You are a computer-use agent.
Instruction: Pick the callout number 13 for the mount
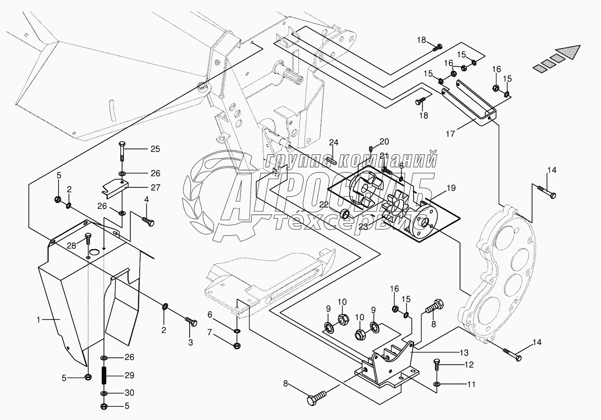(464, 352)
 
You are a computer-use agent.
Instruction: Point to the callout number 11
(469, 364)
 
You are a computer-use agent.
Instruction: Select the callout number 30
(130, 392)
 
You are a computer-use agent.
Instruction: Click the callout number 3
(191, 342)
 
